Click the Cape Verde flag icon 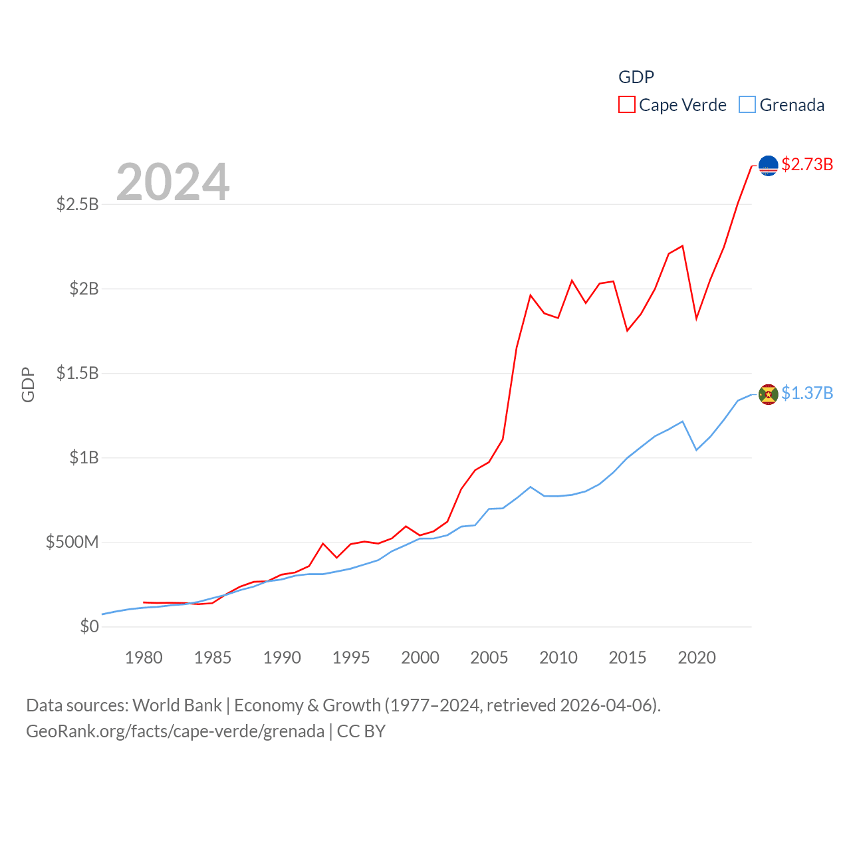click(x=769, y=166)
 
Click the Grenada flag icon click(x=769, y=394)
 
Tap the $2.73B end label click(x=807, y=164)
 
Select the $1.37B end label click(x=807, y=393)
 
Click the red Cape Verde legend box click(x=627, y=105)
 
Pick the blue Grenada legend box click(x=747, y=105)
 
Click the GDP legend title click(x=636, y=77)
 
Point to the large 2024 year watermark click(x=173, y=182)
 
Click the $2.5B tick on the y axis click(x=78, y=204)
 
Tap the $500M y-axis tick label click(x=72, y=542)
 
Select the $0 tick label click(x=89, y=626)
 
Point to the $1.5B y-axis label click(x=78, y=373)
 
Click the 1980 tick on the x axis click(x=144, y=658)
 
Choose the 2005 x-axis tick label click(x=489, y=658)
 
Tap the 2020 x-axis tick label click(x=697, y=658)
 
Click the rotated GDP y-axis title click(x=28, y=384)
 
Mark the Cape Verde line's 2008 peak click(x=531, y=295)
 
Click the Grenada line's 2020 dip click(x=697, y=450)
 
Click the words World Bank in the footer click(x=177, y=705)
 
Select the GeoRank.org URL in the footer click(x=176, y=731)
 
